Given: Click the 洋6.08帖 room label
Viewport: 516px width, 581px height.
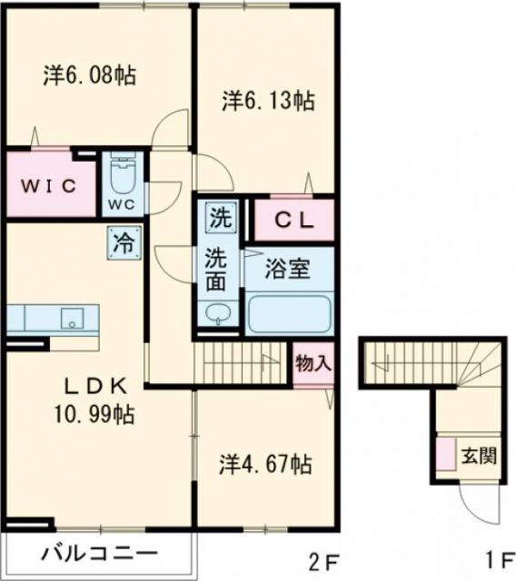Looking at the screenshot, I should point(89,75).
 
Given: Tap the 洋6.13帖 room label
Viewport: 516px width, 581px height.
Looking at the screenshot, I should point(268,101).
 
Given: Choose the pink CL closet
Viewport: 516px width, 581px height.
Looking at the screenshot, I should point(293,219).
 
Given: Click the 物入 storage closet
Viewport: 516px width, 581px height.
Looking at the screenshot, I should point(313,363).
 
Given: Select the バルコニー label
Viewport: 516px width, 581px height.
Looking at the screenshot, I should point(99,553).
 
